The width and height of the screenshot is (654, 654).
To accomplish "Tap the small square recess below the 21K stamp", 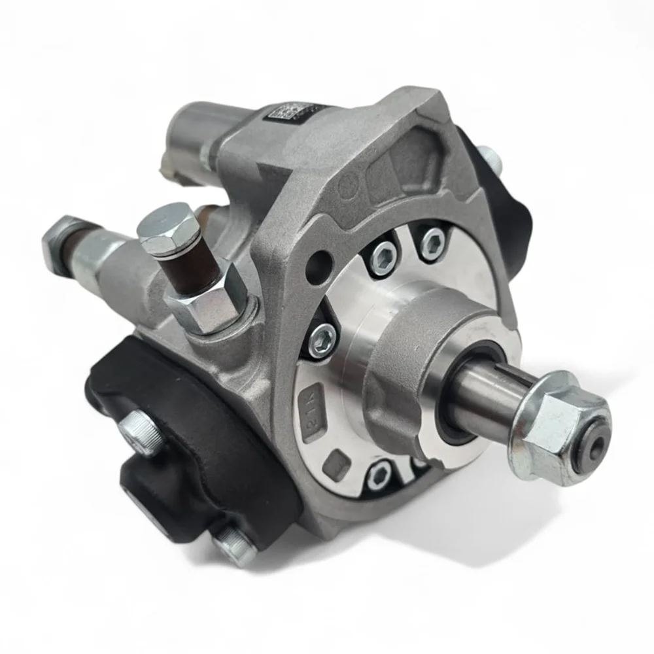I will (x=335, y=463).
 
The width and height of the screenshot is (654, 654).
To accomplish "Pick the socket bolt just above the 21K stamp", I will (x=323, y=340).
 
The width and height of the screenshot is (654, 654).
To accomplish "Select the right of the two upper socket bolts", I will (x=432, y=244).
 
